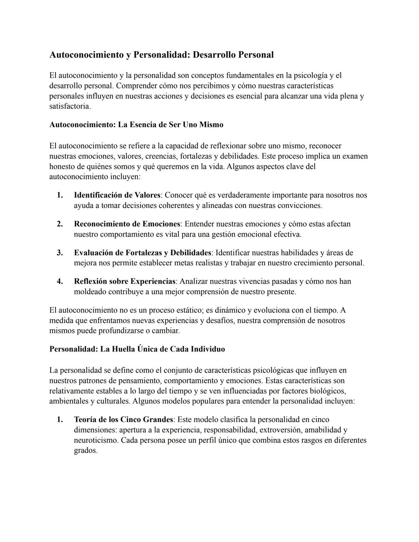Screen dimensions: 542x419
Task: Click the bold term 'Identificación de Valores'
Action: pos(117,195)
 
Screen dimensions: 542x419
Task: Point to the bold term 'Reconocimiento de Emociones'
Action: pos(127,224)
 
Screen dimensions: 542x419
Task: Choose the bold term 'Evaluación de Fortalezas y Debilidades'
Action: pos(142,253)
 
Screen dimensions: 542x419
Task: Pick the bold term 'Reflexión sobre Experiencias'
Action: pos(125,281)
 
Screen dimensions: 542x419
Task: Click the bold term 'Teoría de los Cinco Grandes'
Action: pos(123,419)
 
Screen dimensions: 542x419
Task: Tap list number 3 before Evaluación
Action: pos(60,253)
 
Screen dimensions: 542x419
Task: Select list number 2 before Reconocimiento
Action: pos(60,224)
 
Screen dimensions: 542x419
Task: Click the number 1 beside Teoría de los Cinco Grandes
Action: pos(60,419)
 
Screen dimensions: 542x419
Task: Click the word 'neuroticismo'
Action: pos(96,440)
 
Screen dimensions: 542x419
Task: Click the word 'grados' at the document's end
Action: pos(85,451)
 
